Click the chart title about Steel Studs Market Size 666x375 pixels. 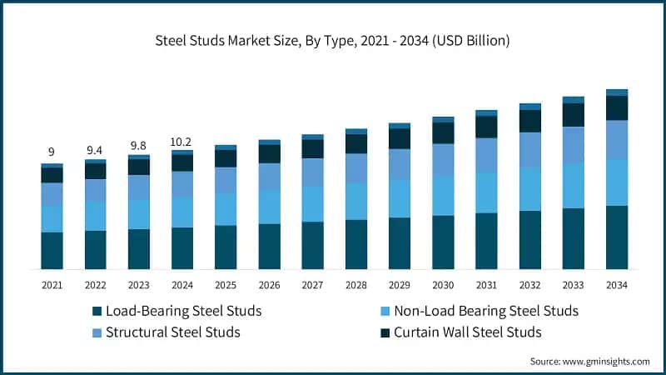332,40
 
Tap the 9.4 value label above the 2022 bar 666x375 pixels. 95,150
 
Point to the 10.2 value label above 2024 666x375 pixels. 181,142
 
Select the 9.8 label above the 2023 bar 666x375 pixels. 138,146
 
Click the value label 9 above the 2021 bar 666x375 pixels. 52,152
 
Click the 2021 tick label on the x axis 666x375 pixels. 52,285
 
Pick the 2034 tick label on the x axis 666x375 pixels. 616,285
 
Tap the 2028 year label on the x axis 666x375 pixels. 355,285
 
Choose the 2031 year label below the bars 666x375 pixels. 486,285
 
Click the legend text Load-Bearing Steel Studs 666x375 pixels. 183,311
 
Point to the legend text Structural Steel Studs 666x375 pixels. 172,332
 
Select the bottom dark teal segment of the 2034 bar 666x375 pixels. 616,237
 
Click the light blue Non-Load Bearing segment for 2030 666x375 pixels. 443,196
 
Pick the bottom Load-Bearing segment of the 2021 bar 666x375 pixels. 52,250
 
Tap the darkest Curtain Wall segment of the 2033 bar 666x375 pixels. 573,115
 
